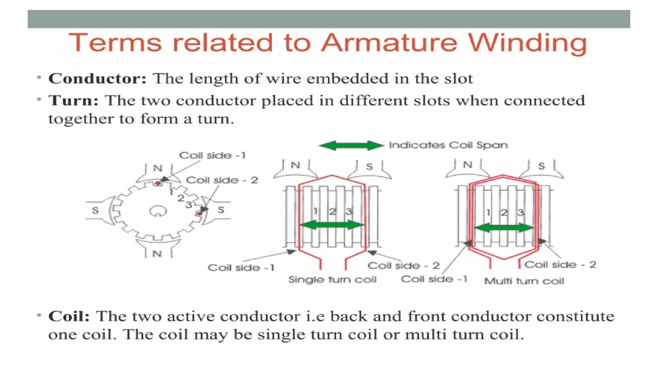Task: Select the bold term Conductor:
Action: pos(97,79)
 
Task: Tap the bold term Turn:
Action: pos(73,101)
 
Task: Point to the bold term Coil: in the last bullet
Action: pos(69,316)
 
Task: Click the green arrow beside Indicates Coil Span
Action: pos(351,145)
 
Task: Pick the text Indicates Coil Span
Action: pos(448,145)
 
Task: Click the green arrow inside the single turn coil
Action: pos(332,225)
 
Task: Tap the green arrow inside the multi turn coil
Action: pos(504,227)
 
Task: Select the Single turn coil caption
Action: pos(332,280)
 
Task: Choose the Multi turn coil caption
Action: pos(524,281)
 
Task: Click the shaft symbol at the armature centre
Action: pos(157,211)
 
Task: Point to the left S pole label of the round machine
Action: pos(95,210)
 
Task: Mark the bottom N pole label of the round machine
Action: pos(157,254)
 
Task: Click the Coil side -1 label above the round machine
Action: pos(212,156)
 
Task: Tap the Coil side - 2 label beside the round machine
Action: pos(222,180)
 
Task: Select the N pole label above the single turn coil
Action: pos(295,165)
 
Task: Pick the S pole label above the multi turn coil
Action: pos(541,166)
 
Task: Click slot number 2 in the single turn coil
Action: pos(332,211)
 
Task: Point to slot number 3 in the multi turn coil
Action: pos(520,212)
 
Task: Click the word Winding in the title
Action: pos(528,43)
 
